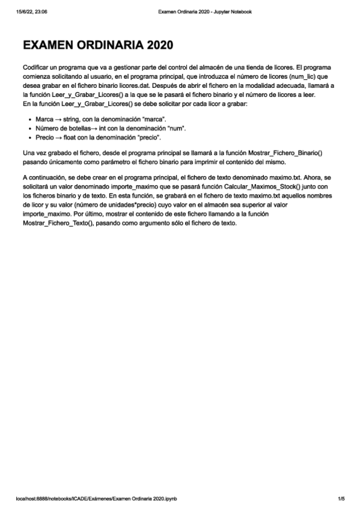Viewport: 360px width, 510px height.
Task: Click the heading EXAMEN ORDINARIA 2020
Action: click(98, 45)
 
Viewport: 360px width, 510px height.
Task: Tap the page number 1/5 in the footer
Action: click(340, 499)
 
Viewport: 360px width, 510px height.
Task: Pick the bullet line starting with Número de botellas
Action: click(111, 128)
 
